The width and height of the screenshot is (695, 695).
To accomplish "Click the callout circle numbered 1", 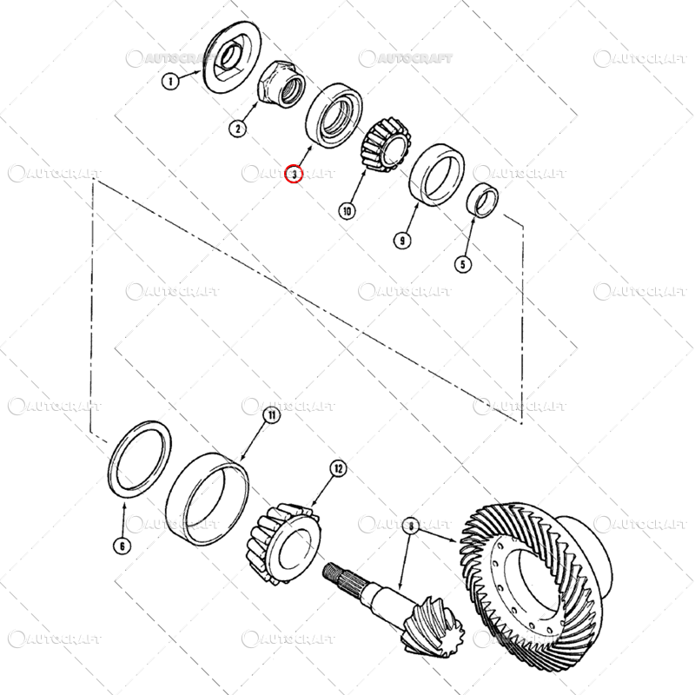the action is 170,81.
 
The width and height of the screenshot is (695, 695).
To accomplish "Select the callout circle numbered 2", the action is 238,129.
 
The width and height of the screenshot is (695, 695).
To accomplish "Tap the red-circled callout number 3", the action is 294,173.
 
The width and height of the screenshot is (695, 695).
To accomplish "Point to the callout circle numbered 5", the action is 463,265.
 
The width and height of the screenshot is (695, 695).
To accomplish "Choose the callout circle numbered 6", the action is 122,546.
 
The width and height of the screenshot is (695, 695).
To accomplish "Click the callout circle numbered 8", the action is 411,526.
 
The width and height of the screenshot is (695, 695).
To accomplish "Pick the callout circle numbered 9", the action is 402,241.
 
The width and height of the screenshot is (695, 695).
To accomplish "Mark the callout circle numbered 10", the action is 347,210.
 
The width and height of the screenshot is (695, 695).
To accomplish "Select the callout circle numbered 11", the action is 272,415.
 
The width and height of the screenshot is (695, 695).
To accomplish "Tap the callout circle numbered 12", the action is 338,468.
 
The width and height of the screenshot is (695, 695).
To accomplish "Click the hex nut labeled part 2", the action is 280,83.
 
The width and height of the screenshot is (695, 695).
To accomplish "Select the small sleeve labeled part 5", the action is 483,200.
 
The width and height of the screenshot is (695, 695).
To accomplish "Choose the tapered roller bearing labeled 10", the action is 386,144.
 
